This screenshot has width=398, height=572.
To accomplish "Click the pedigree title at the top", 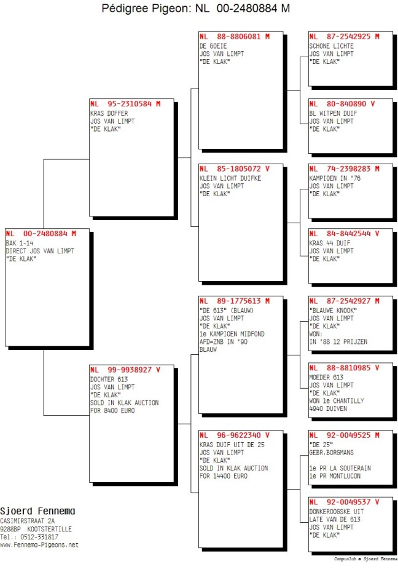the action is pos(195,8).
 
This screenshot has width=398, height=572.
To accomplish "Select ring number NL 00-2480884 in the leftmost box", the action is pos(41,234).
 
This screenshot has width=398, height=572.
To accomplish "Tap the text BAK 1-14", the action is pos(20,243).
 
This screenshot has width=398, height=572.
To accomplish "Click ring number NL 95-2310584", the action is pos(125,103).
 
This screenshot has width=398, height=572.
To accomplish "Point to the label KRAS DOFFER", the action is pos(109,113).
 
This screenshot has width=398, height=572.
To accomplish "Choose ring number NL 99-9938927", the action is pos(125,370).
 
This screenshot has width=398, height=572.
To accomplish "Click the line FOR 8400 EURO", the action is pos(112,410).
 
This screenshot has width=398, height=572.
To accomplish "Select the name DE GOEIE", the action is pos(213,46).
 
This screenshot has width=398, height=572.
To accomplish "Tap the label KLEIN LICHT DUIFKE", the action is pos(230,178).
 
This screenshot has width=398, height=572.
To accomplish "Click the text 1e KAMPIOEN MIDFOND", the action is pos(232,334).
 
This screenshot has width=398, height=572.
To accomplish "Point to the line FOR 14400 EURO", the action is pos(223,475).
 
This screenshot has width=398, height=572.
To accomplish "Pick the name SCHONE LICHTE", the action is pos(332,46).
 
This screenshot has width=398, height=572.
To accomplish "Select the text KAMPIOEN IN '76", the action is pos(335,178).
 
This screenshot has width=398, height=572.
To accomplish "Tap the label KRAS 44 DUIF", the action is pos(330,243).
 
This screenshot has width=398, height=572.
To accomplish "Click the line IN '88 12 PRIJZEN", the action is pos(338,342).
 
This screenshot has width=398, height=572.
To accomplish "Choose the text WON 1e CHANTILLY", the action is pos(337,400).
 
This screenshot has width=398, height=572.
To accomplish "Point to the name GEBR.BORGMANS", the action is pos(332,452).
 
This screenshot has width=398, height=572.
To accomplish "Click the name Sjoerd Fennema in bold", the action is pos(37,510).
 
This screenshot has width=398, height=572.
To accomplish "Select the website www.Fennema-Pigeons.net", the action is pos(39,545).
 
